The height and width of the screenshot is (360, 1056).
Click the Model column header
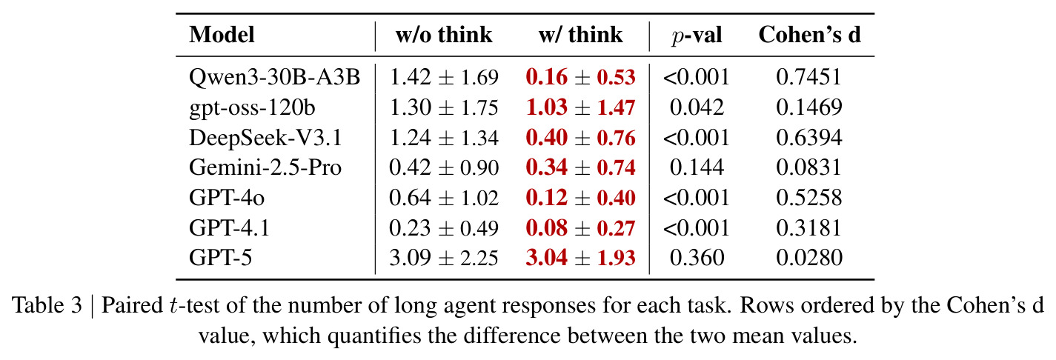[x=222, y=35]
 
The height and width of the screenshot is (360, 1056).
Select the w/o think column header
[x=444, y=35]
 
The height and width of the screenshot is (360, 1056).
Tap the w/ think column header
[x=580, y=35]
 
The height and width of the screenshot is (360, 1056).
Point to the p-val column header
[x=697, y=36]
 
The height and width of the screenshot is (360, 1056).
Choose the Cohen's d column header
[x=809, y=35]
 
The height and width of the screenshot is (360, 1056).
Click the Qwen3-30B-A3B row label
[x=274, y=77]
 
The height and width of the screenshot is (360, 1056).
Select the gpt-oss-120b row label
[x=252, y=108]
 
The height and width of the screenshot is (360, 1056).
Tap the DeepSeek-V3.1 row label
[x=265, y=138]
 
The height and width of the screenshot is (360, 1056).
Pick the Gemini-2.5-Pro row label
[x=265, y=167]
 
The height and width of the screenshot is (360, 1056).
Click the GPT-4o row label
[x=227, y=198]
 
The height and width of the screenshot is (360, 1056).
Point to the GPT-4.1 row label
[x=229, y=228]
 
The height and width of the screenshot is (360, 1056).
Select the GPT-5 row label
[x=221, y=259]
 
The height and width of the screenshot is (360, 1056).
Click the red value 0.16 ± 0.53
[x=580, y=77]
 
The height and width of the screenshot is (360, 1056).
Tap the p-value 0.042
[x=697, y=107]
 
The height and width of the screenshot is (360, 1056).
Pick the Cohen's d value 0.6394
[x=809, y=138]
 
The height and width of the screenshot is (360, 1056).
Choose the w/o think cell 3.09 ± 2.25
[x=444, y=259]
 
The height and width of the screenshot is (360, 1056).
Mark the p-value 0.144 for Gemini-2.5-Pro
[x=697, y=167]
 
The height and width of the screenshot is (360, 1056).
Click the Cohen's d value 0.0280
[x=809, y=259]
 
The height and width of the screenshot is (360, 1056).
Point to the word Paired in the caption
[x=132, y=305]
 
